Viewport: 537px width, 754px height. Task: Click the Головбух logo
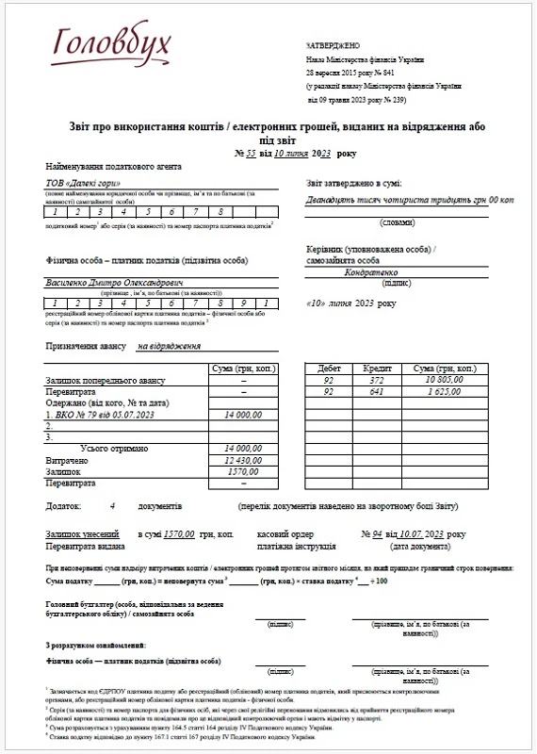pyautogui.click(x=99, y=42)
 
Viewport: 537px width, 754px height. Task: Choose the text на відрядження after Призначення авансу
pyautogui.click(x=170, y=346)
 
